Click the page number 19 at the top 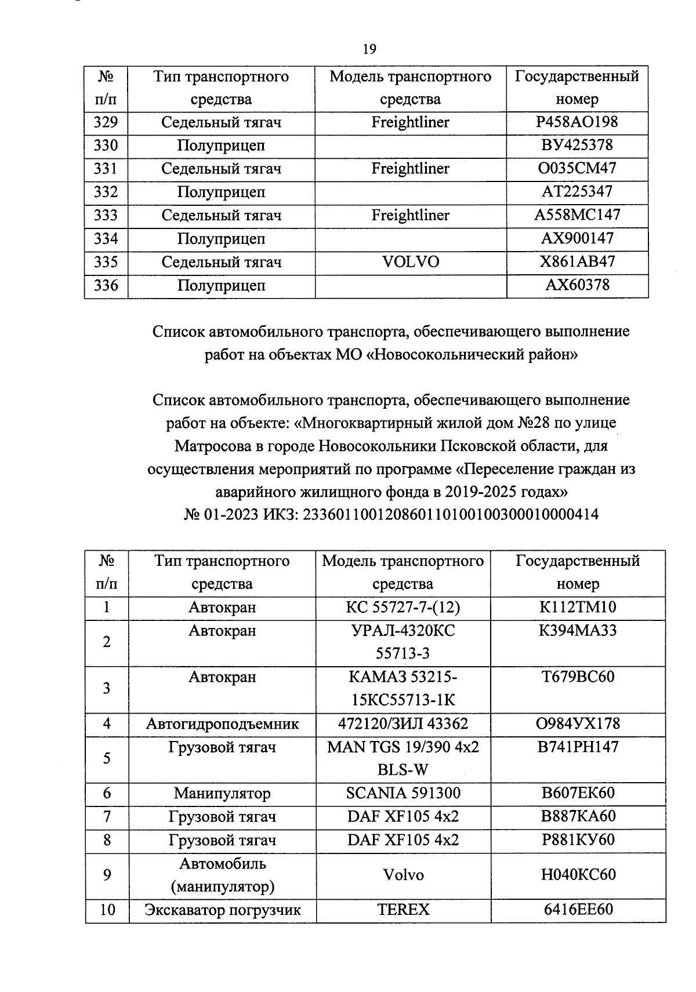(369, 49)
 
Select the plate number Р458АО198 (577, 122)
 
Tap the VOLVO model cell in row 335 (411, 262)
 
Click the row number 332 (106, 192)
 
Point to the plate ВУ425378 (577, 145)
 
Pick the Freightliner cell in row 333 (411, 216)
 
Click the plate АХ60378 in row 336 (577, 285)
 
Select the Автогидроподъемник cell (222, 724)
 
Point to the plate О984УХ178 (578, 724)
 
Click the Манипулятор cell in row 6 (222, 793)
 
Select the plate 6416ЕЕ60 (578, 910)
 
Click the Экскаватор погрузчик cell (222, 910)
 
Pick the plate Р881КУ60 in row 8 (578, 840)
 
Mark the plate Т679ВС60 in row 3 (578, 677)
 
